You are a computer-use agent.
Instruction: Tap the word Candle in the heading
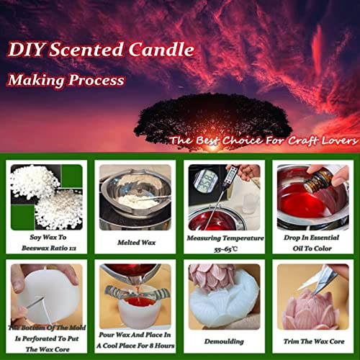tap(161, 50)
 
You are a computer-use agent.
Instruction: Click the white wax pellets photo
tap(45, 196)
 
